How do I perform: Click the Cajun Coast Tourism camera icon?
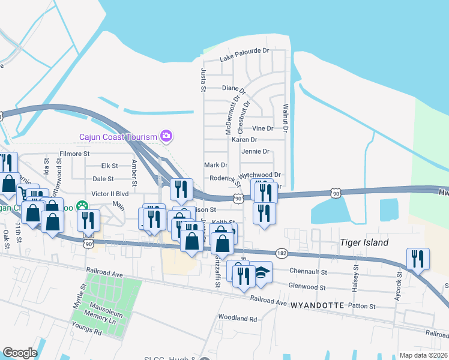tap(166, 136)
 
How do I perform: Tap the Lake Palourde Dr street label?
tap(244, 55)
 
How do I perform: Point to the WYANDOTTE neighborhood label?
tap(317, 305)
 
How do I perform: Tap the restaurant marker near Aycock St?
tap(418, 259)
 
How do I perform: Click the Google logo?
tap(20, 353)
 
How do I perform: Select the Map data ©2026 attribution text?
tap(423, 355)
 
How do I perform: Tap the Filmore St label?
tap(74, 154)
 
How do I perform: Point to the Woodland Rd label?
tap(237, 317)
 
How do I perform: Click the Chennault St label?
tap(307, 272)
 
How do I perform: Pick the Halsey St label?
tap(355, 277)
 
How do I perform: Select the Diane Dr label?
tap(234, 88)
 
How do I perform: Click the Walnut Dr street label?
tap(286, 118)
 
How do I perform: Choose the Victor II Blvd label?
tap(110, 194)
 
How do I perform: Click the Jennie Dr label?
tap(255, 152)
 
